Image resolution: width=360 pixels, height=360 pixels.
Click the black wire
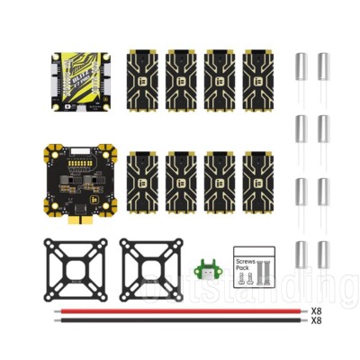(x=180, y=320)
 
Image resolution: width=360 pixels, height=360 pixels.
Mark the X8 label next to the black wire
(x=316, y=321)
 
